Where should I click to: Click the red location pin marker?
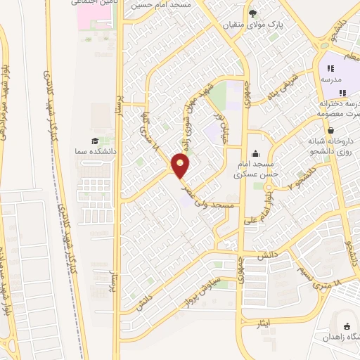click(181, 167)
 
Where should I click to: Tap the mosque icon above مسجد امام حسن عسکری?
click(254, 153)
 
